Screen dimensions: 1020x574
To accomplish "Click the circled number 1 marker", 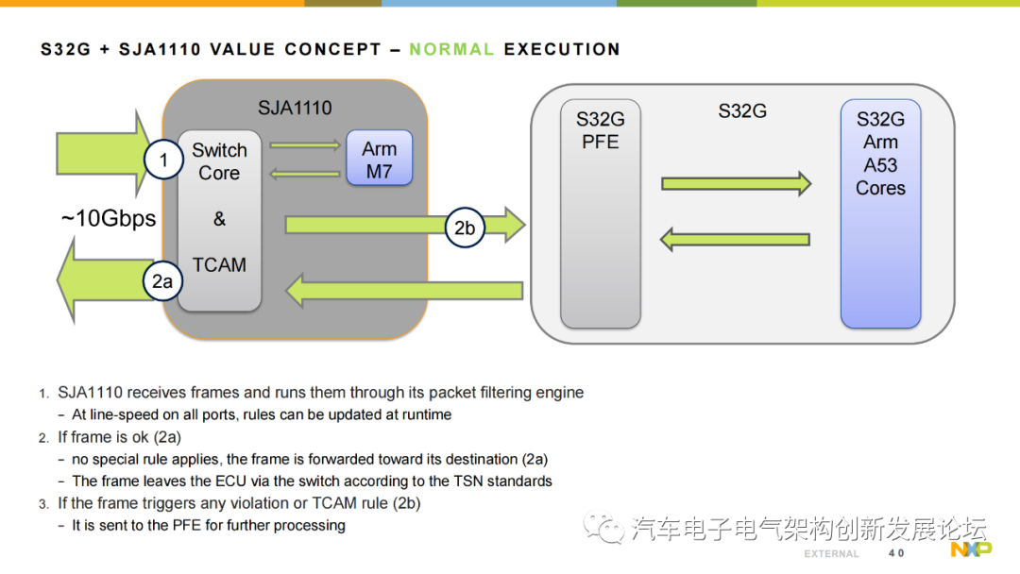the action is [x=163, y=160].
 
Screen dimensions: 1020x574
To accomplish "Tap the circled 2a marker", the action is [x=162, y=280].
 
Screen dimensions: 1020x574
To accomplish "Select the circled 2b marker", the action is [x=465, y=228].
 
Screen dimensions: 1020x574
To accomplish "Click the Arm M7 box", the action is [x=380, y=158].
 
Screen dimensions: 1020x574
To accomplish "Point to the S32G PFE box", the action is [x=601, y=213].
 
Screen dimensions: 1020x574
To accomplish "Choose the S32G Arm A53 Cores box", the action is [x=881, y=213].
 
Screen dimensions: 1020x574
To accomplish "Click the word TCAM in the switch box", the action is [x=219, y=264].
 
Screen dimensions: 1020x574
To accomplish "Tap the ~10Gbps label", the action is [x=108, y=218].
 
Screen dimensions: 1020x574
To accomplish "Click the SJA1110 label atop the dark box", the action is [x=295, y=108].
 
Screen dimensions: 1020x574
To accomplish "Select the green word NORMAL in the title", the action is [x=451, y=49].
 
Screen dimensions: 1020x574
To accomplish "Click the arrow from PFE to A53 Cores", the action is [x=737, y=184].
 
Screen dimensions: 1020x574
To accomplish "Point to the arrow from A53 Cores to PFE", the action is [x=735, y=240].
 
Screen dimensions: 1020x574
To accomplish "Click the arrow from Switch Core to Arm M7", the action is [x=305, y=145].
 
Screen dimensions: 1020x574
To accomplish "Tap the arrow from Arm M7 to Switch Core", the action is [x=305, y=174].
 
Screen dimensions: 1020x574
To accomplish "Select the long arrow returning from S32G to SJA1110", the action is [x=404, y=291].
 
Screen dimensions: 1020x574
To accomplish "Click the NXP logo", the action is [x=971, y=549].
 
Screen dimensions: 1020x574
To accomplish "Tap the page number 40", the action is [x=896, y=553].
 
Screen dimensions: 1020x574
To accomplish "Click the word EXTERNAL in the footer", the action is [x=831, y=554].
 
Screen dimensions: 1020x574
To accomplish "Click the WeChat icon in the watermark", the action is [x=603, y=527].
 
